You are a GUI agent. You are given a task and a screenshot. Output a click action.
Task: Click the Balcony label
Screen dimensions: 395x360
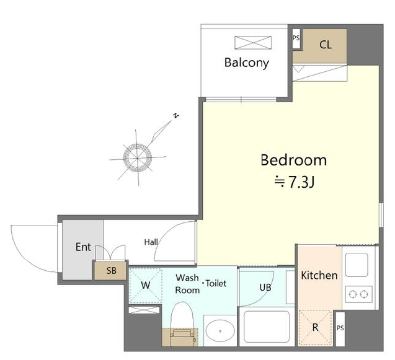(246, 63)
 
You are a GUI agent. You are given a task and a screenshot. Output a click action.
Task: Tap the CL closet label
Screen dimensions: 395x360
(325, 45)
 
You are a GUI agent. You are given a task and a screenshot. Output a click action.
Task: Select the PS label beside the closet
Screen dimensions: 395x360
(296, 38)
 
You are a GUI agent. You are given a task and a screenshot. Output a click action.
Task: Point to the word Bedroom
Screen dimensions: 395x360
(293, 160)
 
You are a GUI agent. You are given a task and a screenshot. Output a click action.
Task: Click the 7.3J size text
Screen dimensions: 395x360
(301, 182)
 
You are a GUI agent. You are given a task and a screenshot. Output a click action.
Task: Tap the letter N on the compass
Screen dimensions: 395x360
(176, 115)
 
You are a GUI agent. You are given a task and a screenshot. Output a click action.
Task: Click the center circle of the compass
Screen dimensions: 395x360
(138, 158)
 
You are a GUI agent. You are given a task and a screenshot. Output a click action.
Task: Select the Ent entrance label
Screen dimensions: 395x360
(83, 247)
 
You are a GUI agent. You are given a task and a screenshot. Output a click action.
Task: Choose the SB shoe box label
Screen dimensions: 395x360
(112, 271)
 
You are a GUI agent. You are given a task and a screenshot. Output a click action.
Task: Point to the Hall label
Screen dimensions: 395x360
(151, 242)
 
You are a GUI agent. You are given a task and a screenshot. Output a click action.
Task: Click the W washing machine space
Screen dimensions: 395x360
(146, 286)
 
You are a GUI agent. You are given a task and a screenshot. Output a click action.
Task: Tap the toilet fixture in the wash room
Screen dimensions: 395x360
(182, 324)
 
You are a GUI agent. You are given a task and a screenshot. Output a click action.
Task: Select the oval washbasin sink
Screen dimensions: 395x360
(220, 331)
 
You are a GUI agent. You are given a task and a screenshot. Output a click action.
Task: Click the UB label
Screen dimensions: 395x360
(265, 288)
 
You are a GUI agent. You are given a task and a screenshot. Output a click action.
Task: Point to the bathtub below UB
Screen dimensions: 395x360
(267, 327)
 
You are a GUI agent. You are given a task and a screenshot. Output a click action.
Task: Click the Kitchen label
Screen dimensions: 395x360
(319, 275)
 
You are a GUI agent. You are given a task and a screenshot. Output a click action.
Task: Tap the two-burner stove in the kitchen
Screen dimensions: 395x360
(358, 294)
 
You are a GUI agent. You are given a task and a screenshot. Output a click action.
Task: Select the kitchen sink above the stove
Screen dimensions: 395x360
(357, 265)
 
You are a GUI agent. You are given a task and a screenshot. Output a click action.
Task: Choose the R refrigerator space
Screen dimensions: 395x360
(316, 328)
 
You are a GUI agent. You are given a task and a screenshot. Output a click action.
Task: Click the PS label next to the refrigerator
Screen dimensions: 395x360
(340, 328)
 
